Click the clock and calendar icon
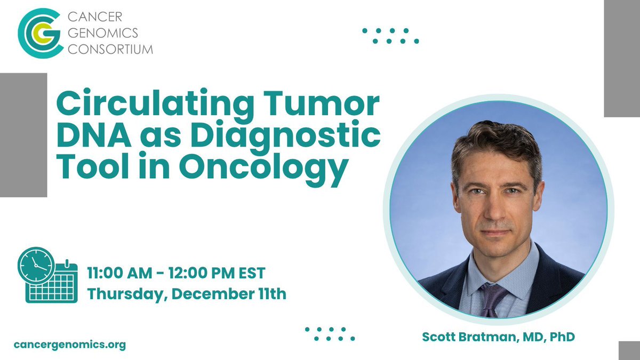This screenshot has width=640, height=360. click(47, 275)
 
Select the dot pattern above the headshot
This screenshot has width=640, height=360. click(390, 36)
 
